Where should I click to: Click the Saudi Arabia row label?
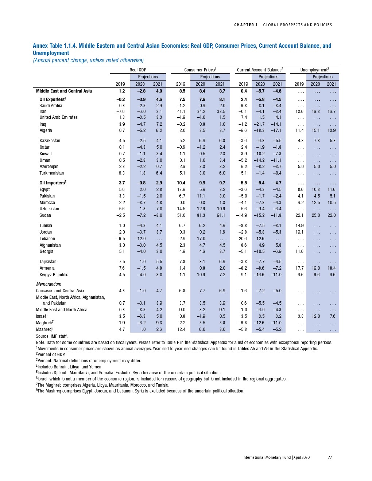pos(51,106)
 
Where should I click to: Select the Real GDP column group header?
pos(138,70)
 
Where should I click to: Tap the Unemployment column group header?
pos(314,70)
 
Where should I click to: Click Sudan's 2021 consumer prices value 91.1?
pos(221,215)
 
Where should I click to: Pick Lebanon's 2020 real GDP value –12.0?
pos(140,239)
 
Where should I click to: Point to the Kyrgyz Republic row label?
pos(54,275)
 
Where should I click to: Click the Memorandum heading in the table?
pos(49,284)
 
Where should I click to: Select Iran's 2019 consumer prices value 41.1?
pos(181,112)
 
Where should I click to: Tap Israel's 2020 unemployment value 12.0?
pos(315,316)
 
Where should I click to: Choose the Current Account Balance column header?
pos(260,70)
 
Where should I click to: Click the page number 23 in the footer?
pos(329,457)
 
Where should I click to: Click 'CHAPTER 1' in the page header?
pos(246,25)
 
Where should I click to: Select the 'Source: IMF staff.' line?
pos(52,336)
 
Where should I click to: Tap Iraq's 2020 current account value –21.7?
pos(259,124)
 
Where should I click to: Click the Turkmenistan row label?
pos(52,173)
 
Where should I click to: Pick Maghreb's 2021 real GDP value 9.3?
pos(159,323)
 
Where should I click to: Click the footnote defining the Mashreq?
pos(140,391)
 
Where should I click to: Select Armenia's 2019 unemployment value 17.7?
pos(299,268)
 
